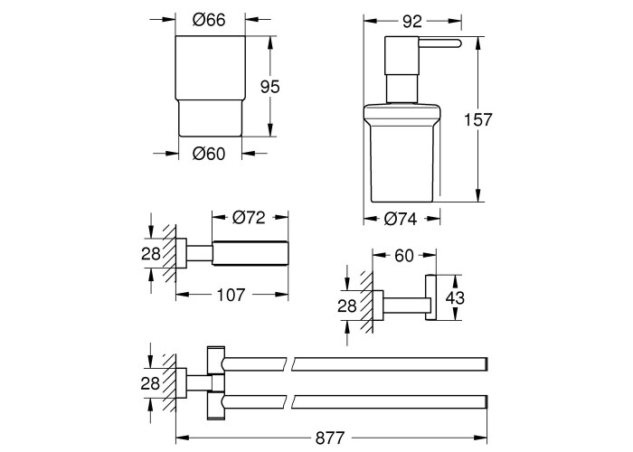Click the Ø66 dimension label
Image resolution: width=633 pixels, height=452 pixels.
pyautogui.click(x=209, y=20)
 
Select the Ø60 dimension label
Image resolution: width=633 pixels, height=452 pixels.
pyautogui.click(x=209, y=154)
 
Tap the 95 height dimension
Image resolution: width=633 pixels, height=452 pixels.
pyautogui.click(x=269, y=87)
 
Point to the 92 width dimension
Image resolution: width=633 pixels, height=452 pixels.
pyautogui.click(x=411, y=22)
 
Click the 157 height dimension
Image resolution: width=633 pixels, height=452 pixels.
pyautogui.click(x=478, y=120)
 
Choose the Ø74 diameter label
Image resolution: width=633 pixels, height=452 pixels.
pyautogui.click(x=401, y=219)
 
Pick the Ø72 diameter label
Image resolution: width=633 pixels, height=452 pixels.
pyautogui.click(x=249, y=218)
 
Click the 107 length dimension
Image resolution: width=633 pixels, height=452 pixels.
pyautogui.click(x=231, y=295)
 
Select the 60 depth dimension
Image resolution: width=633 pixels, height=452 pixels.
pyautogui.click(x=404, y=256)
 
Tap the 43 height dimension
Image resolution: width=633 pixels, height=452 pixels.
pyautogui.click(x=455, y=298)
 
